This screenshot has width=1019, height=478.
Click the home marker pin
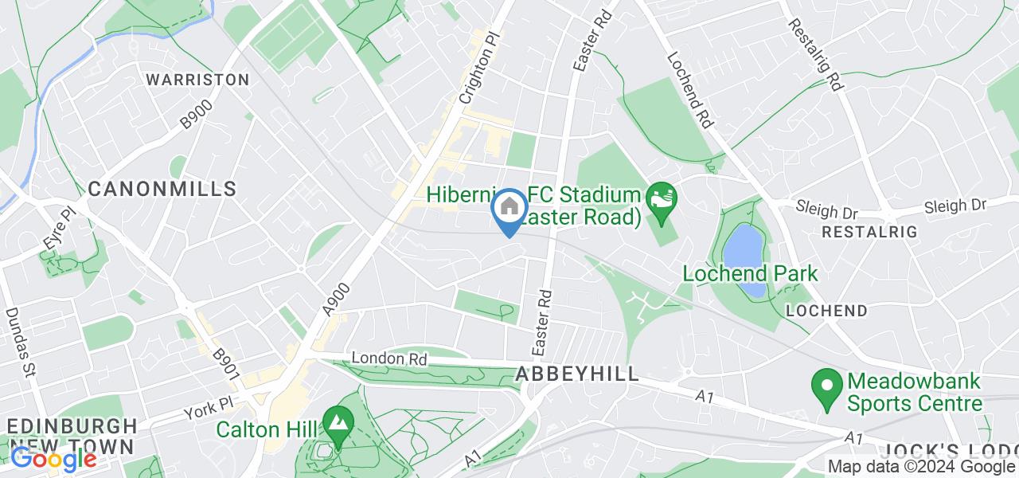click(x=508, y=210)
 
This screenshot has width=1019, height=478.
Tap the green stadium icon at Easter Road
click(x=662, y=195)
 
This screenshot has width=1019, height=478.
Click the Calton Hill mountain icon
click(x=338, y=420)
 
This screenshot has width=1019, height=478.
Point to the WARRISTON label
click(x=197, y=80)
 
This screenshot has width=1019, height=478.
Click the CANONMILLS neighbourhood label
click(x=162, y=189)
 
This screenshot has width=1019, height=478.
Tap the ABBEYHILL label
click(x=577, y=374)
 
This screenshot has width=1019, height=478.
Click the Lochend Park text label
click(x=751, y=273)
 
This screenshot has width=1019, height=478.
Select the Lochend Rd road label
click(x=690, y=91)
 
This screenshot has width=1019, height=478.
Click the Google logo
click(x=53, y=459)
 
